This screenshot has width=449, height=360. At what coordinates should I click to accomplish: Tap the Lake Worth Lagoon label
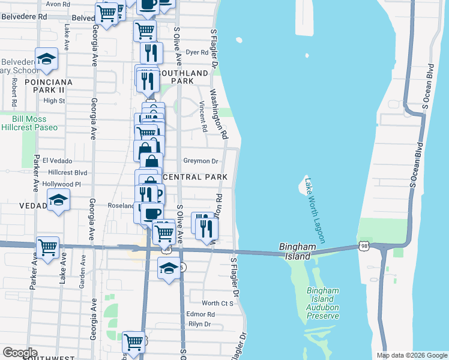(x=315, y=210)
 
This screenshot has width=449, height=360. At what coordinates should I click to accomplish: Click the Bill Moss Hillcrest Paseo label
(x=29, y=123)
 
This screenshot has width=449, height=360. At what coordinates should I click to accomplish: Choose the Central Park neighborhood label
(x=194, y=177)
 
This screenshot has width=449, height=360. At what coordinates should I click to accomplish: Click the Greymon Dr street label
(x=200, y=161)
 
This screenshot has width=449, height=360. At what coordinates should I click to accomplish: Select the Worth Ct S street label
(x=217, y=304)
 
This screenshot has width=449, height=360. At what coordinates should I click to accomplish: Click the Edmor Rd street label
(x=200, y=314)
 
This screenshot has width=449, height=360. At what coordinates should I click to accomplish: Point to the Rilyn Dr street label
(x=199, y=324)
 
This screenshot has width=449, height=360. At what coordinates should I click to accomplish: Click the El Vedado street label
(x=58, y=161)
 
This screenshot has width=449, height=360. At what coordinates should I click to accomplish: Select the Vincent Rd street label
(x=203, y=116)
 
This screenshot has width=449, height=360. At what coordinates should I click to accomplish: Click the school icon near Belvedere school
(x=46, y=59)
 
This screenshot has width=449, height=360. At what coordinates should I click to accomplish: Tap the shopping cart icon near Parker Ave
(x=47, y=247)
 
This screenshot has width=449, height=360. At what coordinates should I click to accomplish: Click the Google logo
(x=19, y=353)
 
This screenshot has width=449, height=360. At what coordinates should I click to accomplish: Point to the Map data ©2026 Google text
(x=411, y=355)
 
